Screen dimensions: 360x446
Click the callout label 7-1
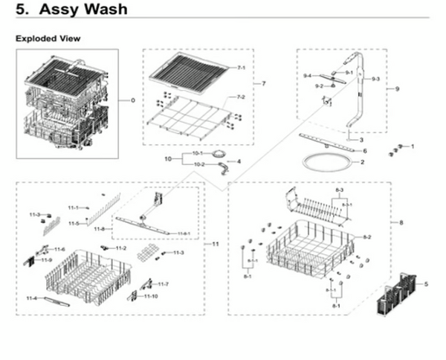pyautogui.click(x=241, y=68)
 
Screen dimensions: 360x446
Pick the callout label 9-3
pyautogui.click(x=375, y=78)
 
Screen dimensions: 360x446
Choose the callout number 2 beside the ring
pyautogui.click(x=362, y=161)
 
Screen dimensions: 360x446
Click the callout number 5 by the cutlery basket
pyautogui.click(x=427, y=283)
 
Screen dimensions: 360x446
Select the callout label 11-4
pyautogui.click(x=32, y=298)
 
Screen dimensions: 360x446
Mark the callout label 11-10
pyautogui.click(x=151, y=296)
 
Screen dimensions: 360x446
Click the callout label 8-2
pyautogui.click(x=366, y=237)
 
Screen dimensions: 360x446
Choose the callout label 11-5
pyautogui.click(x=74, y=223)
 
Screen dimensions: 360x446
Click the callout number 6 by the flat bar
pyautogui.click(x=364, y=150)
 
